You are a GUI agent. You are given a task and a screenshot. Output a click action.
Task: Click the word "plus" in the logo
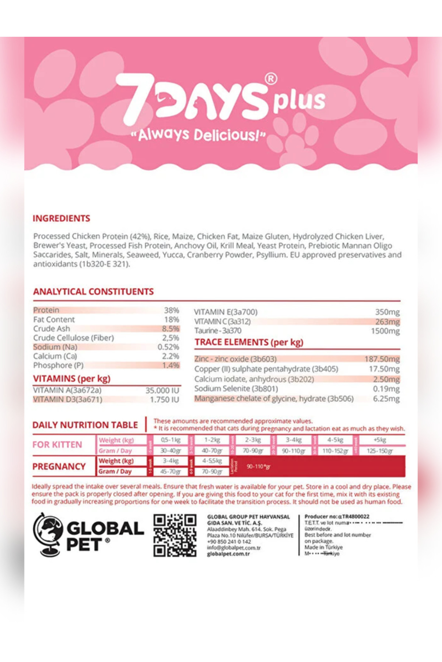coord(299,100)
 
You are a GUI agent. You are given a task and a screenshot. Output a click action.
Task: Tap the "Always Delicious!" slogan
coord(198,135)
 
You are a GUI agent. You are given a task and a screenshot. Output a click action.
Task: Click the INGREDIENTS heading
coord(61,218)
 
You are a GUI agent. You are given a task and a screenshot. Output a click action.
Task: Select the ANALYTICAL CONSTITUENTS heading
coord(93,292)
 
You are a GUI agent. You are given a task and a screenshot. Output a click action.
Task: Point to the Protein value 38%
coord(171,310)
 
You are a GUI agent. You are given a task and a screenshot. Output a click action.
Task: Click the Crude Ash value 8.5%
coord(171,328)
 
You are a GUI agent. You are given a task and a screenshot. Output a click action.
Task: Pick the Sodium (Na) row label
coord(55,347)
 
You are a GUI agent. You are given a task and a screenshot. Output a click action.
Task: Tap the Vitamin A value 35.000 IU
coord(162,390)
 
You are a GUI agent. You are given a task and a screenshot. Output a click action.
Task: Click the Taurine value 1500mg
coord(385,331)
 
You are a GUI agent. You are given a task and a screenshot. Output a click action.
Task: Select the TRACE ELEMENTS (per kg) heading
coord(249,342)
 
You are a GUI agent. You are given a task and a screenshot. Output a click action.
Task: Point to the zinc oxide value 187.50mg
coord(382,359)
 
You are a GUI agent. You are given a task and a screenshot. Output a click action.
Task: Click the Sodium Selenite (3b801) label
coord(236,389)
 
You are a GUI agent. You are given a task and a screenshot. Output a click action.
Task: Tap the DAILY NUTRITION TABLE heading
coord(85,425)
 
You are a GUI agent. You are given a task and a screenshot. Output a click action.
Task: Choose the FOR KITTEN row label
coord(57,445)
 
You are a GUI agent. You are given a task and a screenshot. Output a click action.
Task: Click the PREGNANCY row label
coord(59,466)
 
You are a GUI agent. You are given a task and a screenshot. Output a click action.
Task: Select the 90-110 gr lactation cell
coord(258,466)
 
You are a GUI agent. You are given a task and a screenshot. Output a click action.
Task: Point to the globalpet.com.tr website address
coord(228,554)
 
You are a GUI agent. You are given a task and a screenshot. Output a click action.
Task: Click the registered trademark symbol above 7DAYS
coord(271,79)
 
